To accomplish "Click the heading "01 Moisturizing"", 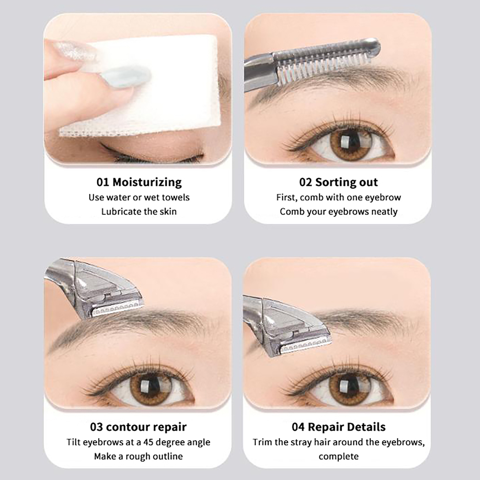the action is click(x=139, y=182).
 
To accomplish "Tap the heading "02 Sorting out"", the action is click(x=338, y=182).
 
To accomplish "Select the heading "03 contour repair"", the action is click(x=138, y=427).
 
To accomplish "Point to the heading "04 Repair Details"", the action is click(x=338, y=427).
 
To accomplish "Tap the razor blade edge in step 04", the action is click(x=304, y=346).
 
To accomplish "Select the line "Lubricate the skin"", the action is click(x=139, y=211).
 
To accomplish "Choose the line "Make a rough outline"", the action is click(x=138, y=456).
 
